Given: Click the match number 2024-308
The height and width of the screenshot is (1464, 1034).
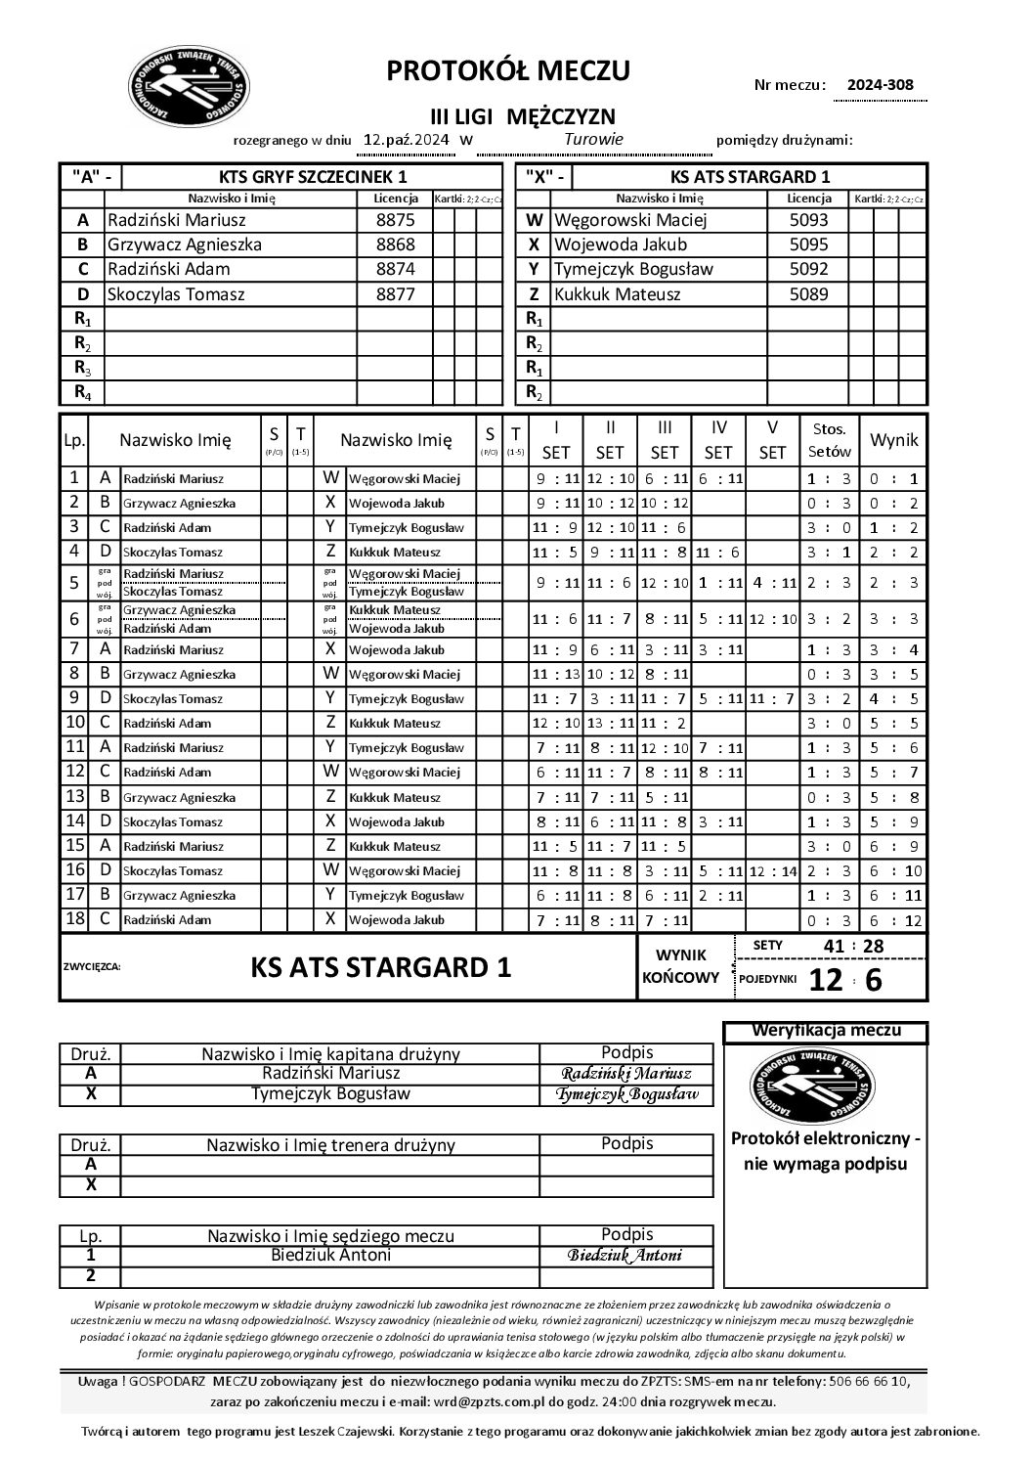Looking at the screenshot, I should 880,84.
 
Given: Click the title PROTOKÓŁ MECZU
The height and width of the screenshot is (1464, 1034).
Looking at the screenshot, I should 508,70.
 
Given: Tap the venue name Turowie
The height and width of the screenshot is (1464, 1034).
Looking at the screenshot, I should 593,139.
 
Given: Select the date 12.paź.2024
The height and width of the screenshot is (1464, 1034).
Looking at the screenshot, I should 407,139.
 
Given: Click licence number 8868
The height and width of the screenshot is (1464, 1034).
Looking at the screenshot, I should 395,244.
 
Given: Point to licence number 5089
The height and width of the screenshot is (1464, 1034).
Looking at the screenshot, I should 808,293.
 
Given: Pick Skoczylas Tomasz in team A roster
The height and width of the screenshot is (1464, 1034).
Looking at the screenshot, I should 176,293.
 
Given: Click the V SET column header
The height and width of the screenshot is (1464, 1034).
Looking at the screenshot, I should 772,440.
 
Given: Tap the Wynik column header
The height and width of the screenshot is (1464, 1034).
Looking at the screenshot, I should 894,440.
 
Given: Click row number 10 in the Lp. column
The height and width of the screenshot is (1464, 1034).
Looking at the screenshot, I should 74,723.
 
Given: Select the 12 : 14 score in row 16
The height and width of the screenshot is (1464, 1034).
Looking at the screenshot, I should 772,870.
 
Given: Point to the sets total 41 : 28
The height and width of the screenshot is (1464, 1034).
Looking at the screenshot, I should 853,946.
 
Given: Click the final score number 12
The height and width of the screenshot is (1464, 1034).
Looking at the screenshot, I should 826,979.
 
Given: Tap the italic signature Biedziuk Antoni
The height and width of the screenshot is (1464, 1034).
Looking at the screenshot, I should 626,1256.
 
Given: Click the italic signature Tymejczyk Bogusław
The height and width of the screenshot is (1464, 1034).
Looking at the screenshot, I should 626,1094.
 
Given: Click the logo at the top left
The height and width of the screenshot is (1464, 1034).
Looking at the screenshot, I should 190,86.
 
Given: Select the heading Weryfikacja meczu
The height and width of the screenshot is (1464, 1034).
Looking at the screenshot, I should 826,1030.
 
